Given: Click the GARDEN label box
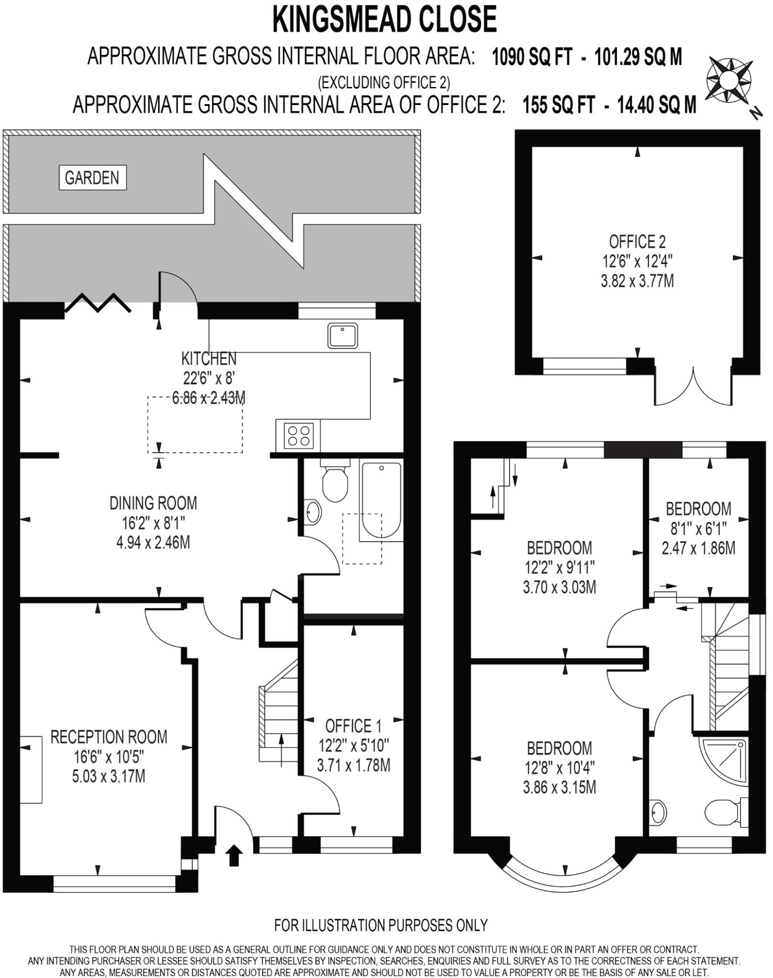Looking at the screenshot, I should [x=93, y=178].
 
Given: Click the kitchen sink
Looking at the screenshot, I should [x=343, y=336].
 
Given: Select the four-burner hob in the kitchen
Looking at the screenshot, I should [x=299, y=436].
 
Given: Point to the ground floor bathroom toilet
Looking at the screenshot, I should [x=335, y=482].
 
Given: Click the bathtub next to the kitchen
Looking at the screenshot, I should [x=381, y=500].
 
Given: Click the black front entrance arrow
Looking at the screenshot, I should [x=234, y=855].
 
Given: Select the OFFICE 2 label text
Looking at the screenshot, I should [x=637, y=242].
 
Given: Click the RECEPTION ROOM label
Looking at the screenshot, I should [x=109, y=737].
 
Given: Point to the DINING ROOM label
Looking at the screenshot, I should [x=153, y=503].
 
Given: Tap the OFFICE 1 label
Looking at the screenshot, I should [x=353, y=726].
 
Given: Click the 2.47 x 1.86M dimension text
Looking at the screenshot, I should [x=698, y=548].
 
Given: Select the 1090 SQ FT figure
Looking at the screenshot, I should [x=532, y=57].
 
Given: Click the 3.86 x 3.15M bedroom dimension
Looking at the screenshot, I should [x=559, y=787].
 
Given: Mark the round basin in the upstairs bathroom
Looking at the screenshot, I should [x=658, y=812].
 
